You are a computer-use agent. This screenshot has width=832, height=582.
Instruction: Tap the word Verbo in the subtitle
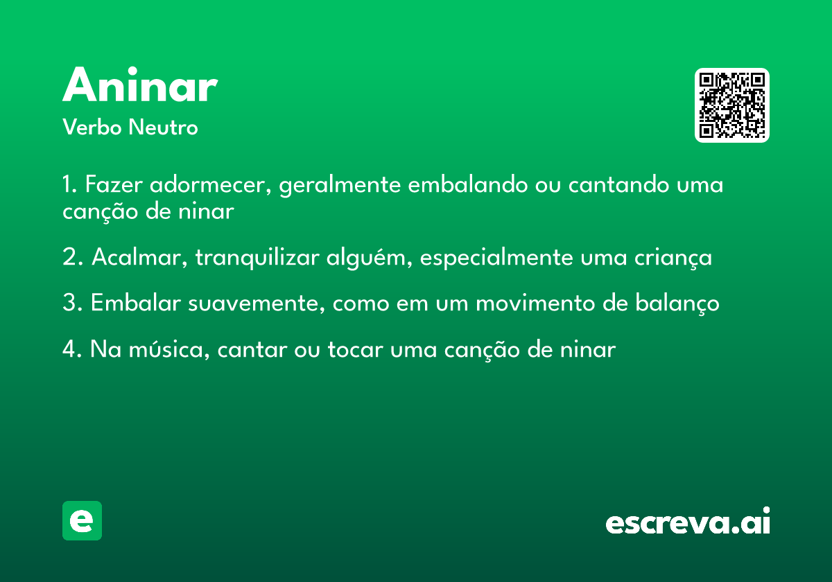[x=92, y=127]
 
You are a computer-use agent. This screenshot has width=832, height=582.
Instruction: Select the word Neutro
[x=163, y=127]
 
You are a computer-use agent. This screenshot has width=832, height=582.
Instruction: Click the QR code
[x=731, y=105]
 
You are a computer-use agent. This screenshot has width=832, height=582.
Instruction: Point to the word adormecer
[x=211, y=184]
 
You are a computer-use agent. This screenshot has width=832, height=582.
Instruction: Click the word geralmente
[x=340, y=185]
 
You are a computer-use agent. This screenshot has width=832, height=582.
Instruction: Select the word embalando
[x=468, y=184]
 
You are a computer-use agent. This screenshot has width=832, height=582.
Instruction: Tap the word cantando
[x=618, y=184]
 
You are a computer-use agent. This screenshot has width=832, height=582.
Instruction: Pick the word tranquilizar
[x=257, y=257]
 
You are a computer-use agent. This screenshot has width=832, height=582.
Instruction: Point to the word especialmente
[x=496, y=258]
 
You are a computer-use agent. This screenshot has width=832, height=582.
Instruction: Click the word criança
[x=673, y=258]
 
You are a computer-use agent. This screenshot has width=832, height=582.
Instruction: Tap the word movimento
[x=535, y=303]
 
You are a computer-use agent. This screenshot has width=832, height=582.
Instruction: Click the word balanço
[x=677, y=303]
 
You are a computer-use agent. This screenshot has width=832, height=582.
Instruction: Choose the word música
[x=169, y=349]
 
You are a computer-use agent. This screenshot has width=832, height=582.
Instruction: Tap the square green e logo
[x=82, y=520]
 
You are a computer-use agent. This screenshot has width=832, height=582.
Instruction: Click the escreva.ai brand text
[x=688, y=520]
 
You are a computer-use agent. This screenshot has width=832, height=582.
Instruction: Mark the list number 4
[x=69, y=349]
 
